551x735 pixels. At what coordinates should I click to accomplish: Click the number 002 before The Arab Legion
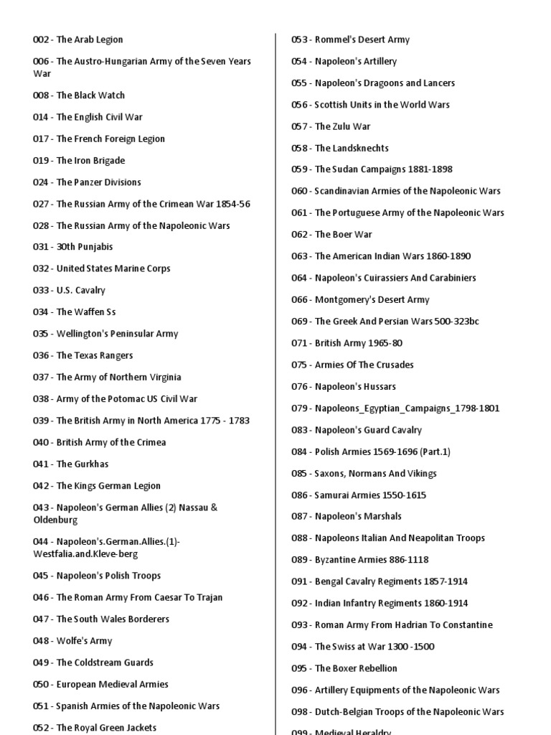tap(41, 39)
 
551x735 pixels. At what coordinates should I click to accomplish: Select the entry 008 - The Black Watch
tap(78, 95)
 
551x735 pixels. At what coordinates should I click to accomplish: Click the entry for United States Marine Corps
tap(101, 268)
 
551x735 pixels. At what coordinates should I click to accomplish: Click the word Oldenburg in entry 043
tap(55, 520)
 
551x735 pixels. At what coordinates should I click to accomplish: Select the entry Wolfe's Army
tap(72, 640)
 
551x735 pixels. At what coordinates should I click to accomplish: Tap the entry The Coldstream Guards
tap(93, 662)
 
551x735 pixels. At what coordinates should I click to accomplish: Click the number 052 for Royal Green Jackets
tap(41, 727)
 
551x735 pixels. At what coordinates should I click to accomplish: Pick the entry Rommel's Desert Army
tap(350, 39)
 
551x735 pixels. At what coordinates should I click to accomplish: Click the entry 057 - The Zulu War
tap(330, 126)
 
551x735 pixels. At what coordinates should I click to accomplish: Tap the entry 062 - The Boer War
tap(331, 234)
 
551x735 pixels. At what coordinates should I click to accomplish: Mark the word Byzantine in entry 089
tap(336, 559)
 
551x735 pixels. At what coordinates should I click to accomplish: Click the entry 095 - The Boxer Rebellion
tap(344, 668)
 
